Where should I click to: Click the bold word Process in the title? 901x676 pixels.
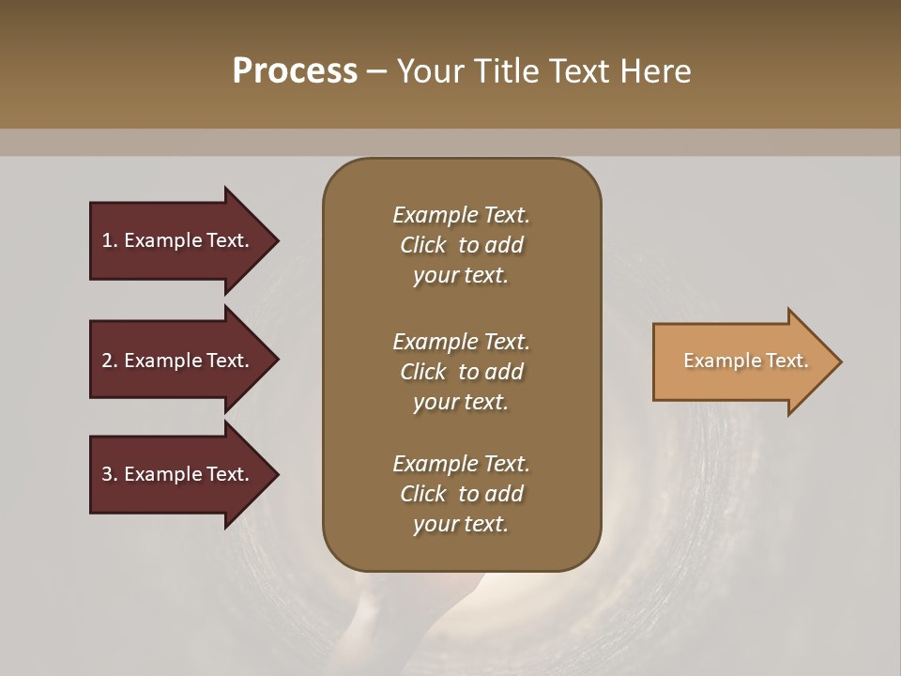295,71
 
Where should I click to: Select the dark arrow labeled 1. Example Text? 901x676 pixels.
178,240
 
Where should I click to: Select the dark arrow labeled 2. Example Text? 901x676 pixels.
178,361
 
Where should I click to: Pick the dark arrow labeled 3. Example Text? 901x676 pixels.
178,474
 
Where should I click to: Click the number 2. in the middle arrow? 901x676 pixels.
109,361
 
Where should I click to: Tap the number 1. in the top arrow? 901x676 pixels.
109,240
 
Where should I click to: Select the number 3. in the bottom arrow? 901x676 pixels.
109,474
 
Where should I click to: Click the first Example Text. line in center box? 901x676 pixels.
461,215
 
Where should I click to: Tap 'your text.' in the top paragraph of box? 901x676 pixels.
461,276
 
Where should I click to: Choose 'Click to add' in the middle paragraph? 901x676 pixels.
461,372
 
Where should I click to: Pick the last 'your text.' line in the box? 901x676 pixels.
461,525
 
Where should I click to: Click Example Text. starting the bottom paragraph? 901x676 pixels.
461,464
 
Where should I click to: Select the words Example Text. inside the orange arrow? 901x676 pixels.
745,361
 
